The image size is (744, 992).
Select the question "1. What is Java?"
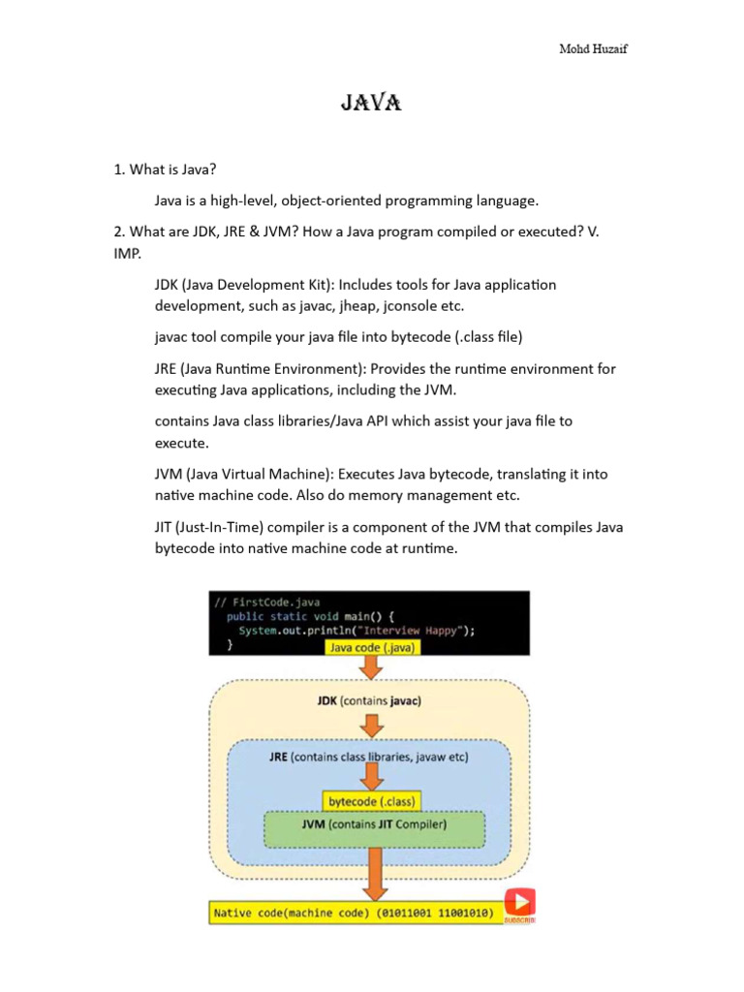pos(160,170)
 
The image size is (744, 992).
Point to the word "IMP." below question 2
pos(128,253)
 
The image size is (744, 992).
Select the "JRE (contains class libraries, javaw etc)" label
pos(369,757)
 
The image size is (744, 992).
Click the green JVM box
pos(374,826)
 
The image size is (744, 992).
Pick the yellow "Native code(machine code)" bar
pos(353,913)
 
